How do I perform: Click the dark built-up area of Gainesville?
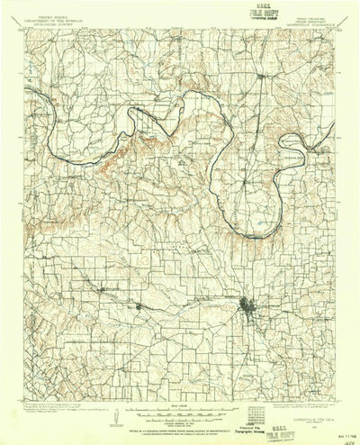pos(247,313)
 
